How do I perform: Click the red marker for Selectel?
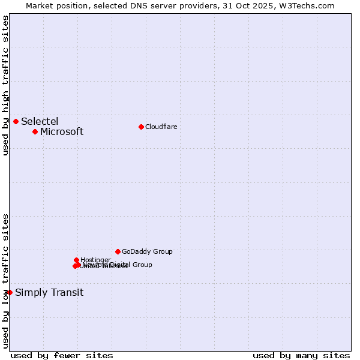tap(16, 121)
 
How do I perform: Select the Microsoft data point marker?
tap(35, 131)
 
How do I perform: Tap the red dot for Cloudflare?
tap(141, 127)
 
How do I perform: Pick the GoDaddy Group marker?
tap(118, 251)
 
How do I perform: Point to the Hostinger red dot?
tap(76, 260)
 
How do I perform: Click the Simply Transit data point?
tap(10, 292)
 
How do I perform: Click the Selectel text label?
tap(40, 121)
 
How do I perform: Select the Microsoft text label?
tap(62, 131)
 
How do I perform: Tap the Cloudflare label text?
tap(161, 127)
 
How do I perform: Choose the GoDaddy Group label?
tap(147, 251)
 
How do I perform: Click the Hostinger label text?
tap(95, 260)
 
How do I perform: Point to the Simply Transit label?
tap(49, 292)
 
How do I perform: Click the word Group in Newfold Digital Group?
tap(142, 265)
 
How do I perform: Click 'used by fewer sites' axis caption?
tap(61, 355)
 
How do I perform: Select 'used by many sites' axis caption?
tap(301, 355)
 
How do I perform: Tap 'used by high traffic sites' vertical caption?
tap(6, 85)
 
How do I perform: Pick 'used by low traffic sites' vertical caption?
tap(6, 280)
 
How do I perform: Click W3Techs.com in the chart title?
tap(312, 5)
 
